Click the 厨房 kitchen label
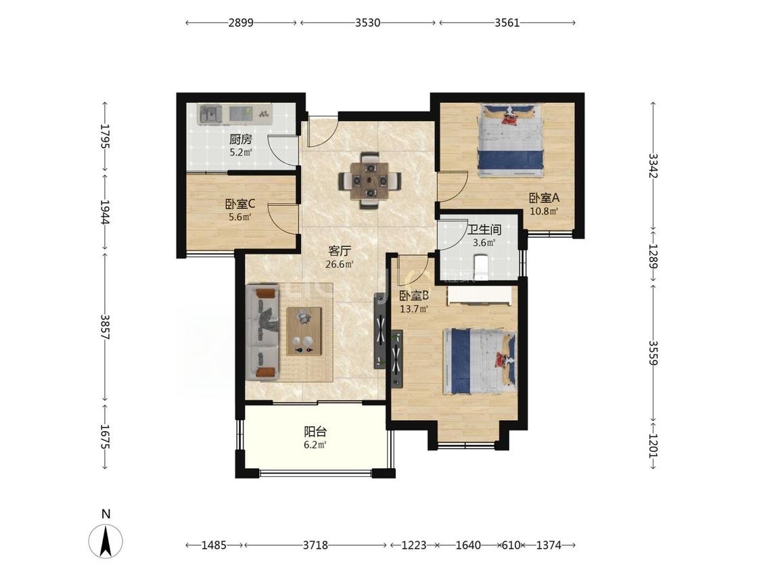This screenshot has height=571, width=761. click(241, 140)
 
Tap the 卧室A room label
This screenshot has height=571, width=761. click(544, 198)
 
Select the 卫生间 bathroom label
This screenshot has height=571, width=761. click(484, 229)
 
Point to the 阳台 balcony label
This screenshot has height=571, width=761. click(315, 432)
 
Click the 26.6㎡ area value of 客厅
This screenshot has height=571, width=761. click(340, 265)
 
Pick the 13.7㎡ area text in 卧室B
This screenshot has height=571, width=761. click(414, 309)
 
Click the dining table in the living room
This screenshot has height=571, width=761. click(370, 181)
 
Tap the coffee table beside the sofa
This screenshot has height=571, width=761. click(304, 331)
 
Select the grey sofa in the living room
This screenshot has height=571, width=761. click(262, 333)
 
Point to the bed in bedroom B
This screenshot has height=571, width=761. click(480, 361)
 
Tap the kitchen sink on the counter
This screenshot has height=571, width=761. click(210, 114)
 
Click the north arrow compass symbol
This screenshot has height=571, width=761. click(106, 540)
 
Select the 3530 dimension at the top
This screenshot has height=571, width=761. click(367, 22)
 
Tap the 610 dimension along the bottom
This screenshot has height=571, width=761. click(511, 545)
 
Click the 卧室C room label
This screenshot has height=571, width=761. click(240, 204)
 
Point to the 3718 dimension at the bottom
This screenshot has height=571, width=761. click(315, 545)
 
